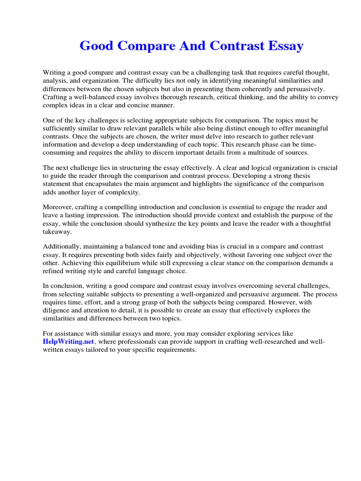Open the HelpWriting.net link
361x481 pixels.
click(x=68, y=341)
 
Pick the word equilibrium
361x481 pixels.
click(x=129, y=263)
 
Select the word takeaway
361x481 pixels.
click(x=57, y=232)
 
